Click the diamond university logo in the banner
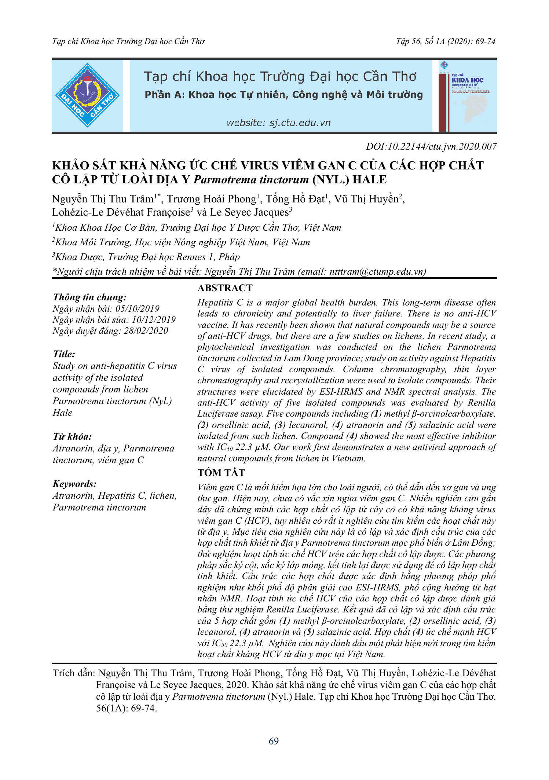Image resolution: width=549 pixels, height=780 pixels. (87, 95)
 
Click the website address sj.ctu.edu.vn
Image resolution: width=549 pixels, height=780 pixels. (278, 123)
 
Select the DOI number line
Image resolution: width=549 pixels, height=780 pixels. (431, 147)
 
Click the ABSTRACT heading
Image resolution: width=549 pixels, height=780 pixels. (225, 288)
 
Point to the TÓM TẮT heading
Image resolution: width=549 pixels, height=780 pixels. (221, 473)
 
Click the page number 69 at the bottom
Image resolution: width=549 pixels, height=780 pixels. (274, 741)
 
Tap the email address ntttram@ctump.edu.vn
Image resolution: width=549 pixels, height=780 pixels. (377, 272)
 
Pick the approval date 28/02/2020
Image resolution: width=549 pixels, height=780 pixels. (146, 331)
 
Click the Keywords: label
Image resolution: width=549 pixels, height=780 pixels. (75, 484)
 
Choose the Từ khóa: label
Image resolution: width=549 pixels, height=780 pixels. (72, 437)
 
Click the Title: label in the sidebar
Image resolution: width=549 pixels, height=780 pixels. (64, 354)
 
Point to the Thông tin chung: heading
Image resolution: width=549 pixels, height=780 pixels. (90, 297)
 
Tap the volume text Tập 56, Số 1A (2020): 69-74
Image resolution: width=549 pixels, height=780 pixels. (446, 41)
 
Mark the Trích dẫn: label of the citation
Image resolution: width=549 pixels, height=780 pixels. (74, 673)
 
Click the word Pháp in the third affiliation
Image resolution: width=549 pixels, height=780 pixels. (229, 257)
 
